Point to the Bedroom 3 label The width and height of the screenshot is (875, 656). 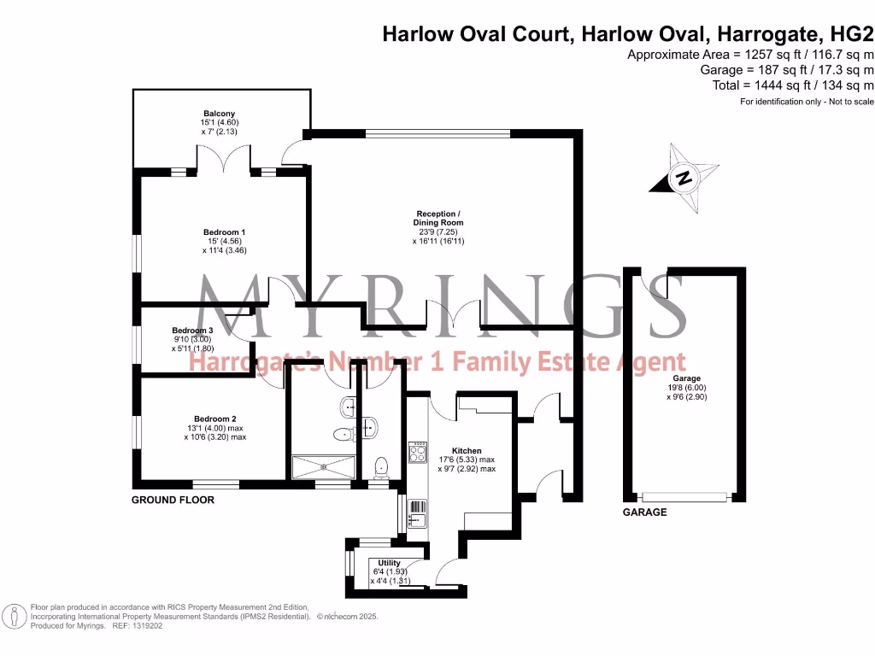click(x=192, y=331)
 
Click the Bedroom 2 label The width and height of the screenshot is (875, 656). click(x=214, y=419)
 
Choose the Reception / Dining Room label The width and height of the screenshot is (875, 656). click(x=439, y=218)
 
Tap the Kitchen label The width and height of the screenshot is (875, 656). click(x=467, y=450)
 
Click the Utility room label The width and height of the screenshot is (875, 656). click(x=389, y=563)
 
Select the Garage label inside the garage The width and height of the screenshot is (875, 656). click(x=686, y=378)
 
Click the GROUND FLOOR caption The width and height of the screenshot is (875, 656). click(x=173, y=500)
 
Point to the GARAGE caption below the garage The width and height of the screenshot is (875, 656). click(x=644, y=512)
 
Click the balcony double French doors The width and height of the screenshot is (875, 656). click(x=224, y=160)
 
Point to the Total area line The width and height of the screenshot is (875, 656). click(x=793, y=85)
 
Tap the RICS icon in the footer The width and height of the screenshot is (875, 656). click(x=15, y=616)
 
